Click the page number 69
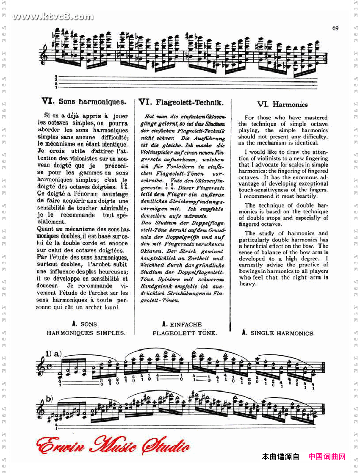(x=335, y=28)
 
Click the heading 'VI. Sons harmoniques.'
(x=84, y=102)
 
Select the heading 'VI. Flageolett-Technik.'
(x=181, y=102)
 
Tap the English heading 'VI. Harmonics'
(x=282, y=104)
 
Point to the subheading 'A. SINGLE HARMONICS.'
(x=278, y=333)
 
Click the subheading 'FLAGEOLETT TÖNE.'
(x=185, y=333)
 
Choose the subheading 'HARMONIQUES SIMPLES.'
(x=86, y=333)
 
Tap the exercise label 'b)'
(x=49, y=399)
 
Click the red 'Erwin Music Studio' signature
(x=113, y=446)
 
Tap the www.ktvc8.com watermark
(x=53, y=17)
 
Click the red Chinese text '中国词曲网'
(x=327, y=456)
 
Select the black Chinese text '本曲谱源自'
(x=280, y=456)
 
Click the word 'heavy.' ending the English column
(x=248, y=284)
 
